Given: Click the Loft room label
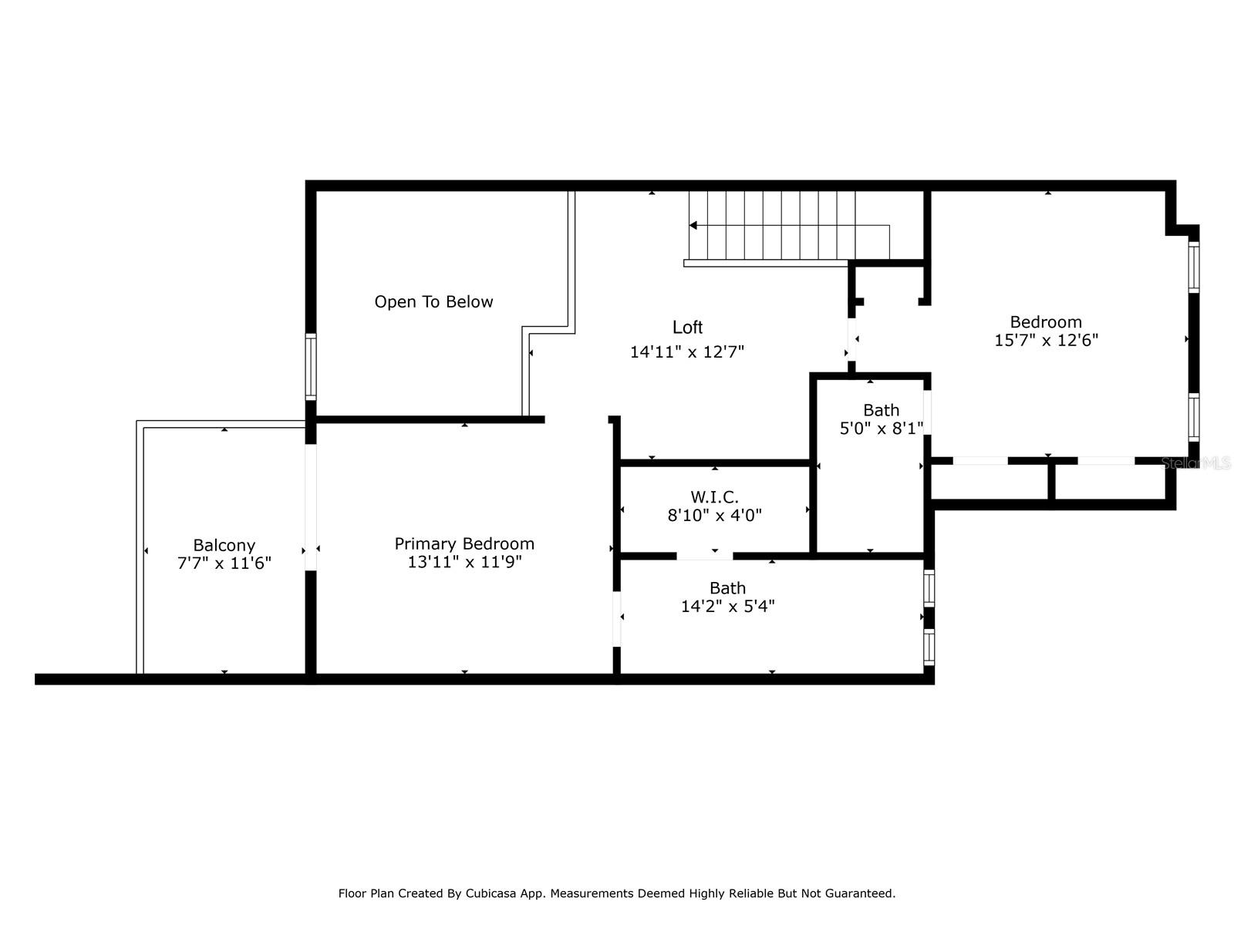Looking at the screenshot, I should coord(687,328).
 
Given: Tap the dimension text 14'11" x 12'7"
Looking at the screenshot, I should coord(686,352).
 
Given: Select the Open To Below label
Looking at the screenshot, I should coord(433,302).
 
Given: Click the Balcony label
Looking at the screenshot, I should coord(224,546).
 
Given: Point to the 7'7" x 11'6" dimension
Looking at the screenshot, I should coord(224,563).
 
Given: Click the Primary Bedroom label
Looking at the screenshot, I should coord(464,544).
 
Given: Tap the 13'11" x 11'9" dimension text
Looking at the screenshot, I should coord(464,562).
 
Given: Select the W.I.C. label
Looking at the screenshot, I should coord(714,497).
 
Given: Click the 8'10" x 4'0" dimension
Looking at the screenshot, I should coord(714,515).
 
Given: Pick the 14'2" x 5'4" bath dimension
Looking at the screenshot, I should coord(727,607).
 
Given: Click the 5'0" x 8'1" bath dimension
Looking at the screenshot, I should coord(881,429).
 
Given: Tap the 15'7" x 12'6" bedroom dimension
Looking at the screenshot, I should coord(1046,340).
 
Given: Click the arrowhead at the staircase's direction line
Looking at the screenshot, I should coord(693,226).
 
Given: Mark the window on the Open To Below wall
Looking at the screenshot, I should coord(311,366).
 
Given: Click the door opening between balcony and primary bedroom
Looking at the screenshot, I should coord(311,506).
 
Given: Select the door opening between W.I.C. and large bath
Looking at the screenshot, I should coord(704,556).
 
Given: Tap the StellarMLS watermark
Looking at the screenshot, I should coord(1195,463).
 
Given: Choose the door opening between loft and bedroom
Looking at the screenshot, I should coord(851,338).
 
